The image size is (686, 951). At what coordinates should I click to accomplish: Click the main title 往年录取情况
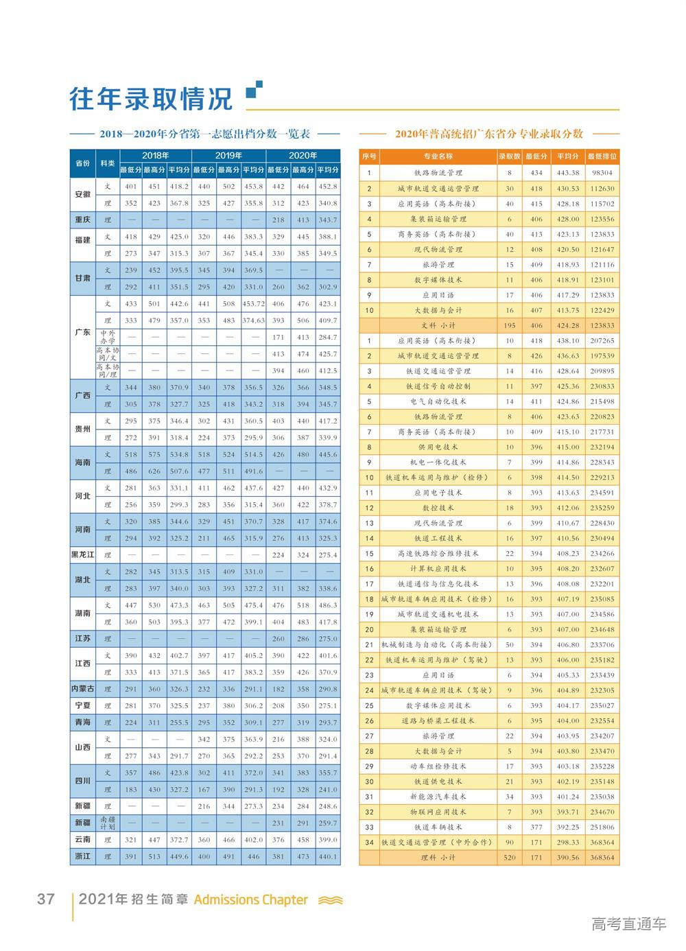tap(151, 99)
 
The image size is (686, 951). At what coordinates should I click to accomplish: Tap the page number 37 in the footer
tap(45, 899)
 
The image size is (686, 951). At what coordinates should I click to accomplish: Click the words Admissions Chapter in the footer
tap(251, 900)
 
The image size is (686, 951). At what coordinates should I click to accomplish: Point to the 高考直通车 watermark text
tap(628, 924)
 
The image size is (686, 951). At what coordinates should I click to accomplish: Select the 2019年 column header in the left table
tap(228, 155)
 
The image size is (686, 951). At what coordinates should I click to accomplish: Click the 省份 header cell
tap(82, 163)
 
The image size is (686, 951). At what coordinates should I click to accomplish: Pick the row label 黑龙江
tap(82, 554)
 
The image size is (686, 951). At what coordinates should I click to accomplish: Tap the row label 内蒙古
tap(82, 688)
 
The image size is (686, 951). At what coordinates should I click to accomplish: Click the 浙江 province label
tap(82, 856)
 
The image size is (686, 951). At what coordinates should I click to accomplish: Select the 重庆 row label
tap(82, 220)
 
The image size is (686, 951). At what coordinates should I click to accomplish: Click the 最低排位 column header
tap(602, 156)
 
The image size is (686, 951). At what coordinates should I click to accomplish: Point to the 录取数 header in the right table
tap(509, 156)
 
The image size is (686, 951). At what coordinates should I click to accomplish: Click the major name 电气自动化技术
tap(438, 401)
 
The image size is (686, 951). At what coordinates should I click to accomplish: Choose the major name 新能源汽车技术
tap(438, 797)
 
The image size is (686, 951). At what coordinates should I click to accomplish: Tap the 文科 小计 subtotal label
tap(438, 325)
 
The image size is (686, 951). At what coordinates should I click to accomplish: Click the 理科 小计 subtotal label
tap(438, 858)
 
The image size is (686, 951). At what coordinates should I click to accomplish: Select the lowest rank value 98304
tap(602, 173)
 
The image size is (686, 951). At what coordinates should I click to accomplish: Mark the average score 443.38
tap(568, 173)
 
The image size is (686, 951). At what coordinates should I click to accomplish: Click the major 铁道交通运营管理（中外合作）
tap(438, 842)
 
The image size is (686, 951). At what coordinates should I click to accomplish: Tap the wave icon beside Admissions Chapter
tap(330, 900)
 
